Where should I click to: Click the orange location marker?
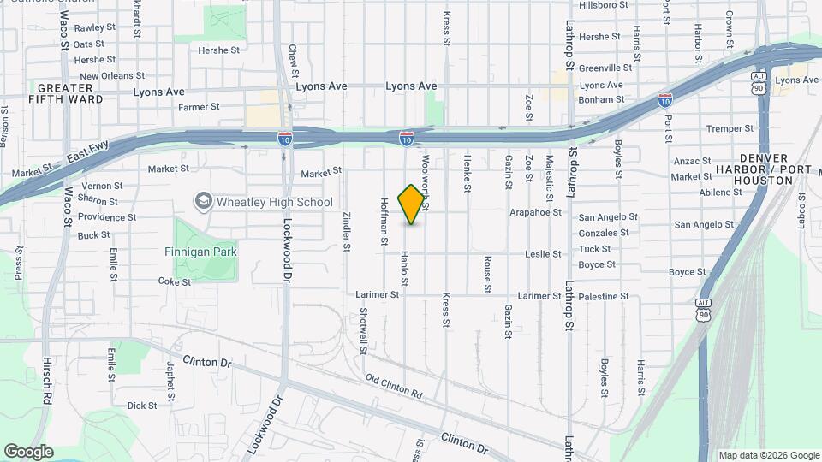pos(412,204)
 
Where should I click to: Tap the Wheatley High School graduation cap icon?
pos(203,202)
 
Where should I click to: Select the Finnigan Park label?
pos(200,252)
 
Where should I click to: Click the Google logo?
pos(28,451)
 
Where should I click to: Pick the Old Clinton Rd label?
pos(394,386)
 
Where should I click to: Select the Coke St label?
pos(174,281)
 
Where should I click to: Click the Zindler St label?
pos(347,232)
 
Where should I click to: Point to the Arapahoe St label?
pos(535,211)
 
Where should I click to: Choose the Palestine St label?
pos(603,296)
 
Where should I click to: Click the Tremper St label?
pos(728,128)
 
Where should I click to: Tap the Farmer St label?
pos(199,107)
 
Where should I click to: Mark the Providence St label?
pos(107,217)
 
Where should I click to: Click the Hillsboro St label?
pos(605,4)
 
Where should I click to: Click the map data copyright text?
pos(769,455)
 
